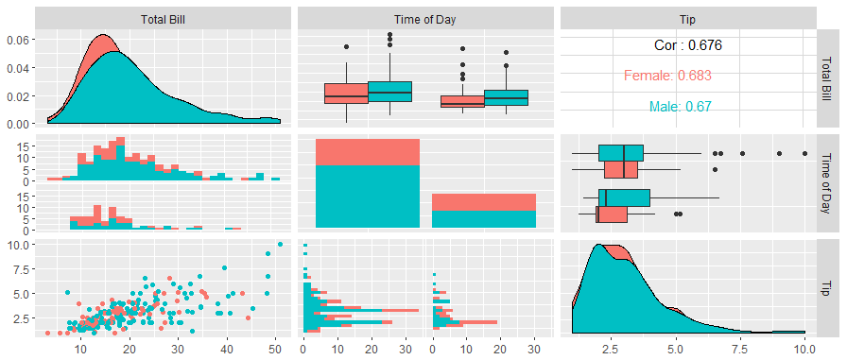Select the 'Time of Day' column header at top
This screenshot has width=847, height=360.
(425, 20)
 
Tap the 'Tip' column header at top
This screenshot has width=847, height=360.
(688, 20)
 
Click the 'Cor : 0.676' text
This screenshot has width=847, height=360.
(687, 45)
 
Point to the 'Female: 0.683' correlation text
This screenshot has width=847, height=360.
(667, 76)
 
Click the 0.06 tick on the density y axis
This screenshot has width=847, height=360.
(18, 40)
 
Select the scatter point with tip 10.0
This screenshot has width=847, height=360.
(280, 244)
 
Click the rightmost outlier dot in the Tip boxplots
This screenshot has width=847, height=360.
(804, 153)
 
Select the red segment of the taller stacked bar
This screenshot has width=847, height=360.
(368, 152)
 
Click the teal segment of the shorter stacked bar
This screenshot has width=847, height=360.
(484, 219)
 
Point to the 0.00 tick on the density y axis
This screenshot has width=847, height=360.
(18, 124)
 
